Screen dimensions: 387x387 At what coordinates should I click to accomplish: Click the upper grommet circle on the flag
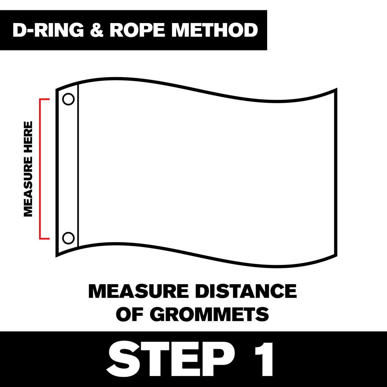[x=68, y=99]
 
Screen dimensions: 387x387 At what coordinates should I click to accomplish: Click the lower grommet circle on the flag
[x=68, y=238]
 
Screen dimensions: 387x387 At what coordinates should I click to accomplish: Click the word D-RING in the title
[x=47, y=30]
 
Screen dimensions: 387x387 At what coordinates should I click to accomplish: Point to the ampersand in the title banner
[x=97, y=30]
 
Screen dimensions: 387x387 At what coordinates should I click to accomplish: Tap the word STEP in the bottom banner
[x=167, y=359]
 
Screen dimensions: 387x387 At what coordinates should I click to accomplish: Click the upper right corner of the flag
[x=336, y=90]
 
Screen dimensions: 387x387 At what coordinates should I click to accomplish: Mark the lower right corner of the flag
[x=336, y=255]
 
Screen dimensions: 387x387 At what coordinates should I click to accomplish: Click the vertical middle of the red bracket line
[x=40, y=169]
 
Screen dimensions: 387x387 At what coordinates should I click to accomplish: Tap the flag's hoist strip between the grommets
[x=68, y=169]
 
